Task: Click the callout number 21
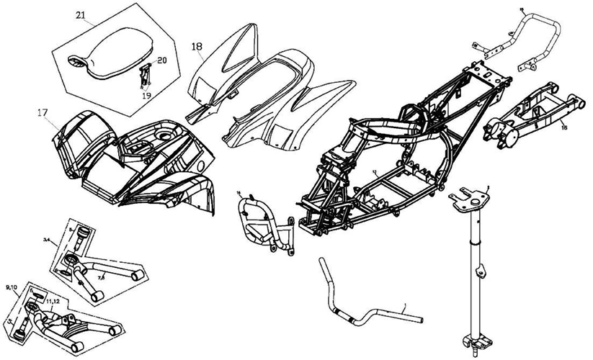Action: coord(79,15)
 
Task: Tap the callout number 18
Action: coord(197,48)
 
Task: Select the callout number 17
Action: coord(43,112)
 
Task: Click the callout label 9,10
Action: coord(12,287)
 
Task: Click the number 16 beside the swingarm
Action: coord(563,127)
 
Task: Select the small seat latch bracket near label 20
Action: coord(145,75)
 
